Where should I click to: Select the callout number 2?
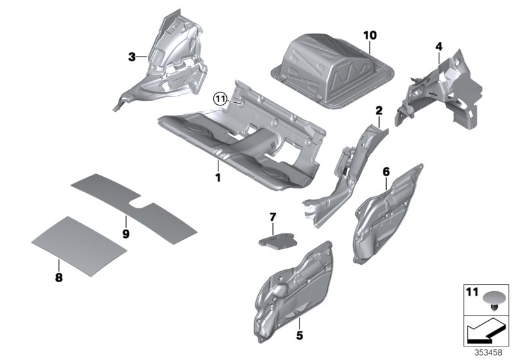tap(379, 110)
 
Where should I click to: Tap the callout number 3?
tap(132, 57)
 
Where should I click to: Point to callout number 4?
tap(438, 46)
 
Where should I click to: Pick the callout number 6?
tap(386, 172)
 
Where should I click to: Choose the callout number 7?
tap(272, 217)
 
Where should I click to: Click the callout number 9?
tap(126, 233)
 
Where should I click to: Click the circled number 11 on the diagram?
tap(220, 98)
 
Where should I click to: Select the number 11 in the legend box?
tap(472, 293)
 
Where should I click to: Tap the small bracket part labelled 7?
tap(275, 239)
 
